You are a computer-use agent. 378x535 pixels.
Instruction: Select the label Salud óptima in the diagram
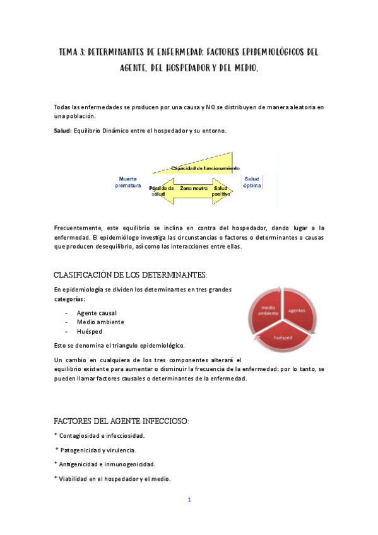point(252,182)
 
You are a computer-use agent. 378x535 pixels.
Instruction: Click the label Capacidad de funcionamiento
point(205,168)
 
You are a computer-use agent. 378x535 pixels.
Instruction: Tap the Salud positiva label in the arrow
point(221,191)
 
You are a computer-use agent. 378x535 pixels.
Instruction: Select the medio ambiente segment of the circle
point(265,310)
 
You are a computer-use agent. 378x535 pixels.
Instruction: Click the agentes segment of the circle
point(297,310)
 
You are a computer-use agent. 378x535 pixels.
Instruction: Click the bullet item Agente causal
point(97,313)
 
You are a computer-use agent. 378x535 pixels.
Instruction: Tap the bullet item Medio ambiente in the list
point(100,322)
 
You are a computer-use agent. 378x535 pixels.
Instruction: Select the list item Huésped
point(89,331)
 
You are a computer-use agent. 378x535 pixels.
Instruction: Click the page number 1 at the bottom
point(189,500)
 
